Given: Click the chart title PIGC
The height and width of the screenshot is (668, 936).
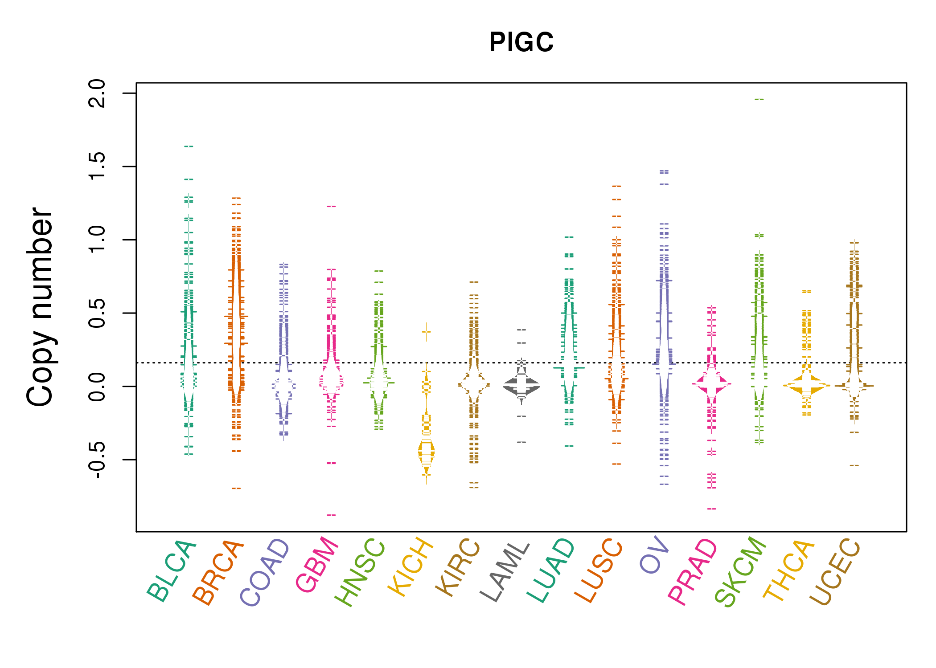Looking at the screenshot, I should coord(521,42).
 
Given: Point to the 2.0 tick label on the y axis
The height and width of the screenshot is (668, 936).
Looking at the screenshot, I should coord(97,94).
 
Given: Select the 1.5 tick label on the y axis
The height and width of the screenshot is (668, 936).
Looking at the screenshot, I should coord(97,167).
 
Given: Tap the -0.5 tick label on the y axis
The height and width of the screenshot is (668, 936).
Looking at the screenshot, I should coord(97,460).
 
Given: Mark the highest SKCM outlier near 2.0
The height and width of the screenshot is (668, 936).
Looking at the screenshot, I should coord(759,100).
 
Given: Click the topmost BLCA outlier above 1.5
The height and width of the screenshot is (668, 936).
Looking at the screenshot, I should coord(189,146).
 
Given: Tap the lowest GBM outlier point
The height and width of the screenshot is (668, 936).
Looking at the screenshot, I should coord(331,515).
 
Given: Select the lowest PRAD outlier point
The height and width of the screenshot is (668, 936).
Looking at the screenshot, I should coord(712,509).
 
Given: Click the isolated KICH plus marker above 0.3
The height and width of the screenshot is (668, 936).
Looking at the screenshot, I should coord(427,332).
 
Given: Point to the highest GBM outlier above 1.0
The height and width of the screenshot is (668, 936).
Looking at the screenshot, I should coord(331,207).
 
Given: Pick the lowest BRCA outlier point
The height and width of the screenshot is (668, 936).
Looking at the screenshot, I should coord(236,489).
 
